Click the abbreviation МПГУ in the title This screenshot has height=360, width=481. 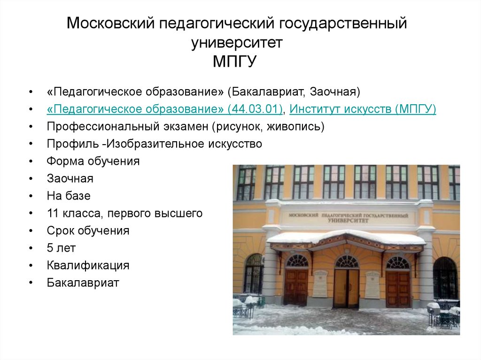click(x=234, y=61)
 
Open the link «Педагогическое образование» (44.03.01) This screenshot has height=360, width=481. click(x=164, y=109)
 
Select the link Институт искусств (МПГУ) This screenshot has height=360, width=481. click(x=363, y=109)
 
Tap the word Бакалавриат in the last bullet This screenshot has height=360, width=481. click(x=83, y=283)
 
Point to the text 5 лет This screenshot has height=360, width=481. click(x=61, y=248)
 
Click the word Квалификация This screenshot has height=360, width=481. click(x=88, y=265)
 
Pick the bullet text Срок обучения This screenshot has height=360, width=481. click(x=88, y=230)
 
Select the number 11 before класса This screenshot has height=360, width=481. click(x=53, y=213)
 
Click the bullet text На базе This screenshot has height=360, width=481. click(x=69, y=196)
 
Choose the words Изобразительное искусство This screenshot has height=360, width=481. click(x=184, y=144)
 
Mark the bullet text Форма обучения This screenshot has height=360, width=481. click(x=93, y=161)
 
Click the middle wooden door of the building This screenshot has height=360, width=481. click(x=346, y=288)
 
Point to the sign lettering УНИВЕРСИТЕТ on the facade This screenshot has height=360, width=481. click(x=348, y=221)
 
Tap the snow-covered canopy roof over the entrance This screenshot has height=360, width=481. click(x=346, y=237)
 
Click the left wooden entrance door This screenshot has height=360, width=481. click(x=296, y=287)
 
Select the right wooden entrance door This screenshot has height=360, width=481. click(x=398, y=289)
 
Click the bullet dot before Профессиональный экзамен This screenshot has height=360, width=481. click(x=31, y=127)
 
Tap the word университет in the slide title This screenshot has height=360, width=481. click(x=237, y=43)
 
